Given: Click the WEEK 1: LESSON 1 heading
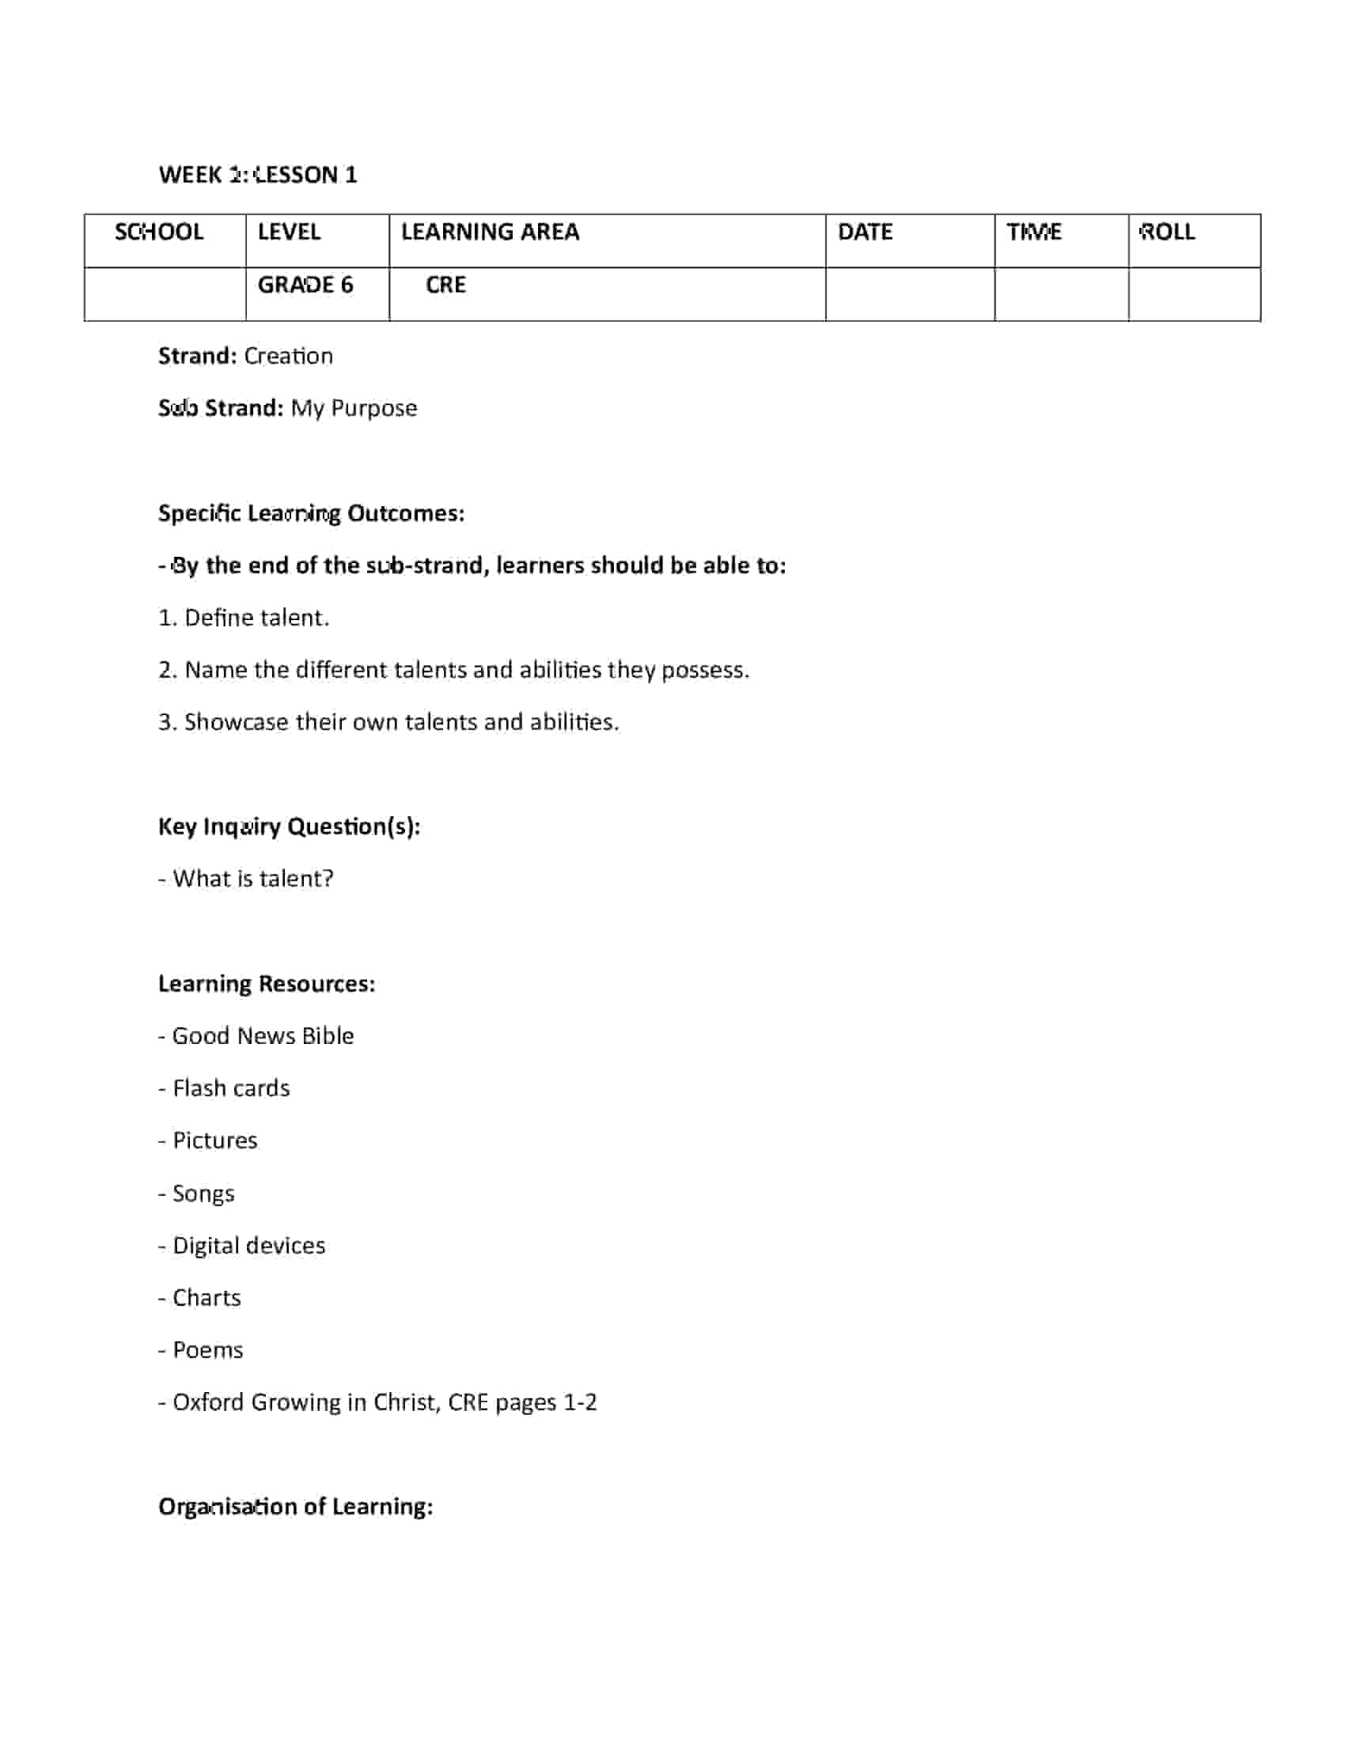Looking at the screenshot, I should tap(257, 175).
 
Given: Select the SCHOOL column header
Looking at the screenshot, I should tap(158, 232).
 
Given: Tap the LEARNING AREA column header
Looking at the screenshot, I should tap(489, 232).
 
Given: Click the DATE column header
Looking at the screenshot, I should tap(865, 232).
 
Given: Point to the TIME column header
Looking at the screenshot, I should tap(1033, 232).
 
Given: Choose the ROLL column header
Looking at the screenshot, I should tap(1167, 232).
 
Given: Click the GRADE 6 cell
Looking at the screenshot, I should tap(305, 285).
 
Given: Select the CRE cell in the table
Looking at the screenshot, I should tap(445, 285).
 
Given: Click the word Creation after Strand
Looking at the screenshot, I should tap(289, 355).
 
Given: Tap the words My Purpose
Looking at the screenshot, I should tap(354, 408).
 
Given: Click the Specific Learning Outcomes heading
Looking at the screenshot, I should tap(311, 513).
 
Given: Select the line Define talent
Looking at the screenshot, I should tap(244, 618).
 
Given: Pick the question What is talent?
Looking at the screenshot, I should tap(246, 878).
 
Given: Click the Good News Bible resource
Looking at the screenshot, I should tap(256, 1036).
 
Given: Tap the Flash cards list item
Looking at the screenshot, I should tap(225, 1088).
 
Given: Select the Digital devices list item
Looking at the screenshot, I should tap(242, 1245).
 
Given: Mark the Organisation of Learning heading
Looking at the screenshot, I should tap(296, 1507).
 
